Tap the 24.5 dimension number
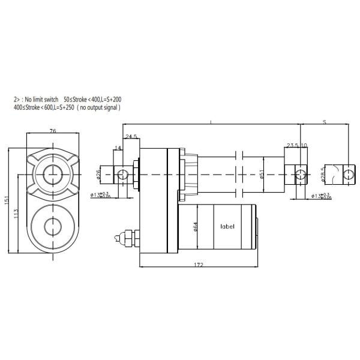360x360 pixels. pyautogui.click(x=131, y=137)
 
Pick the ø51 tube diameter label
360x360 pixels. pyautogui.click(x=262, y=174)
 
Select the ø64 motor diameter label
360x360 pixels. pyautogui.click(x=195, y=226)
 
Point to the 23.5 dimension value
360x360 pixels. pyautogui.click(x=292, y=146)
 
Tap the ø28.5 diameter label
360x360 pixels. pyautogui.click(x=323, y=173)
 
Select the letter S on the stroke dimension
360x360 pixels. pyautogui.click(x=324, y=122)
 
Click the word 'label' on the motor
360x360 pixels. pyautogui.click(x=227, y=227)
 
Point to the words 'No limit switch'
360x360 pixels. pyautogui.click(x=43, y=98)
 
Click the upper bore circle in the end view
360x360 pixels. pyautogui.click(x=52, y=174)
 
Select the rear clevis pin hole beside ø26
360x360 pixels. pyautogui.click(x=123, y=174)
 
